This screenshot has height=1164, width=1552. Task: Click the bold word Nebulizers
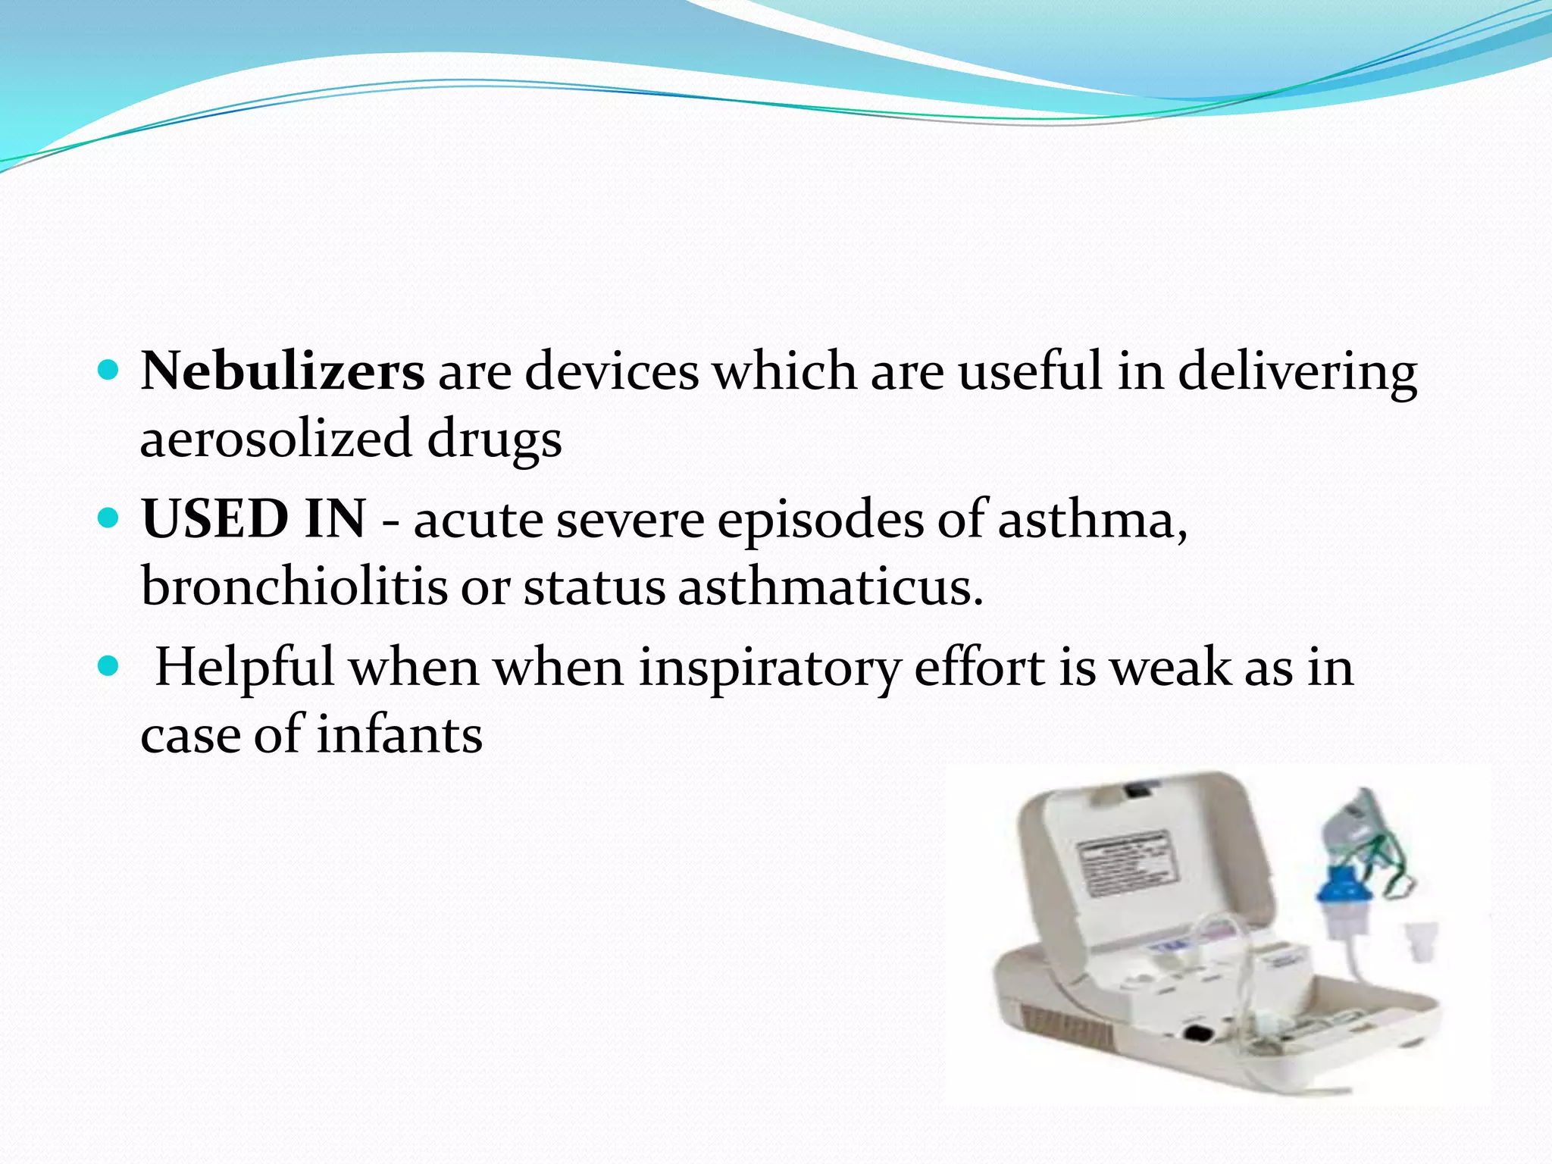(x=282, y=371)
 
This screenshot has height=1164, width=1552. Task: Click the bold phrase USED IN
(x=253, y=519)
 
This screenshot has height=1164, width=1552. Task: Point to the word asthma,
(x=1092, y=519)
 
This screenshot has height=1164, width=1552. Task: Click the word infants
(x=399, y=734)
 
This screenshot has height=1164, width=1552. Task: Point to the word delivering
(x=1297, y=371)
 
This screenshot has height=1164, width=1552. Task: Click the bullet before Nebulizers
(x=109, y=371)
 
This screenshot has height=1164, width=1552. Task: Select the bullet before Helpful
(x=109, y=667)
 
